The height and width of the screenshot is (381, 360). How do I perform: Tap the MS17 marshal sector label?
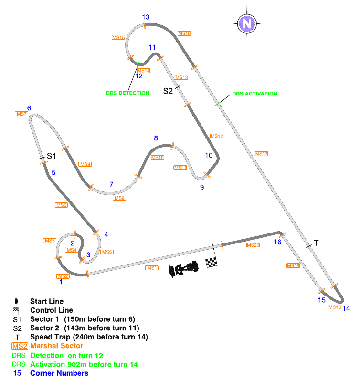point(261,154)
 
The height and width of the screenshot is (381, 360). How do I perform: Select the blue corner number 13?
point(146,17)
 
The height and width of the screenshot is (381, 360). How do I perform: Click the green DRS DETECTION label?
point(127,93)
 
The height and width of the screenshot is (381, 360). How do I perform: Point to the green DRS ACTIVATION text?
point(254,94)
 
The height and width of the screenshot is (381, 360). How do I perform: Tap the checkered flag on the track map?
point(211,262)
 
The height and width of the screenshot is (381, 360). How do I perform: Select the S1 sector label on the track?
point(51,156)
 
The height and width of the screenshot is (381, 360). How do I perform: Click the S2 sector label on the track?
point(168,91)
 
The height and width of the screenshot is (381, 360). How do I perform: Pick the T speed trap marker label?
point(316,243)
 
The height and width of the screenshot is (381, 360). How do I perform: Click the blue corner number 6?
point(29,108)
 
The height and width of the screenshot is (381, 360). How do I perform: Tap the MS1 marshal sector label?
point(152,268)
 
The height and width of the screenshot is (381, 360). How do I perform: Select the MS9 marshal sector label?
point(119,198)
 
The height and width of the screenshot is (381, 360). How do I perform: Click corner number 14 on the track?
point(346,308)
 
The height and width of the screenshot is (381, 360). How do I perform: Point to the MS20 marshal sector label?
point(253,245)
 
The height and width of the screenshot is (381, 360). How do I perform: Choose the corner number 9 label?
point(202,187)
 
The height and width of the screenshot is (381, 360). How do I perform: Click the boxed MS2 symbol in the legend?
point(20,346)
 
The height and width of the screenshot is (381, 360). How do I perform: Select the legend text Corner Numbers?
point(59,373)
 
